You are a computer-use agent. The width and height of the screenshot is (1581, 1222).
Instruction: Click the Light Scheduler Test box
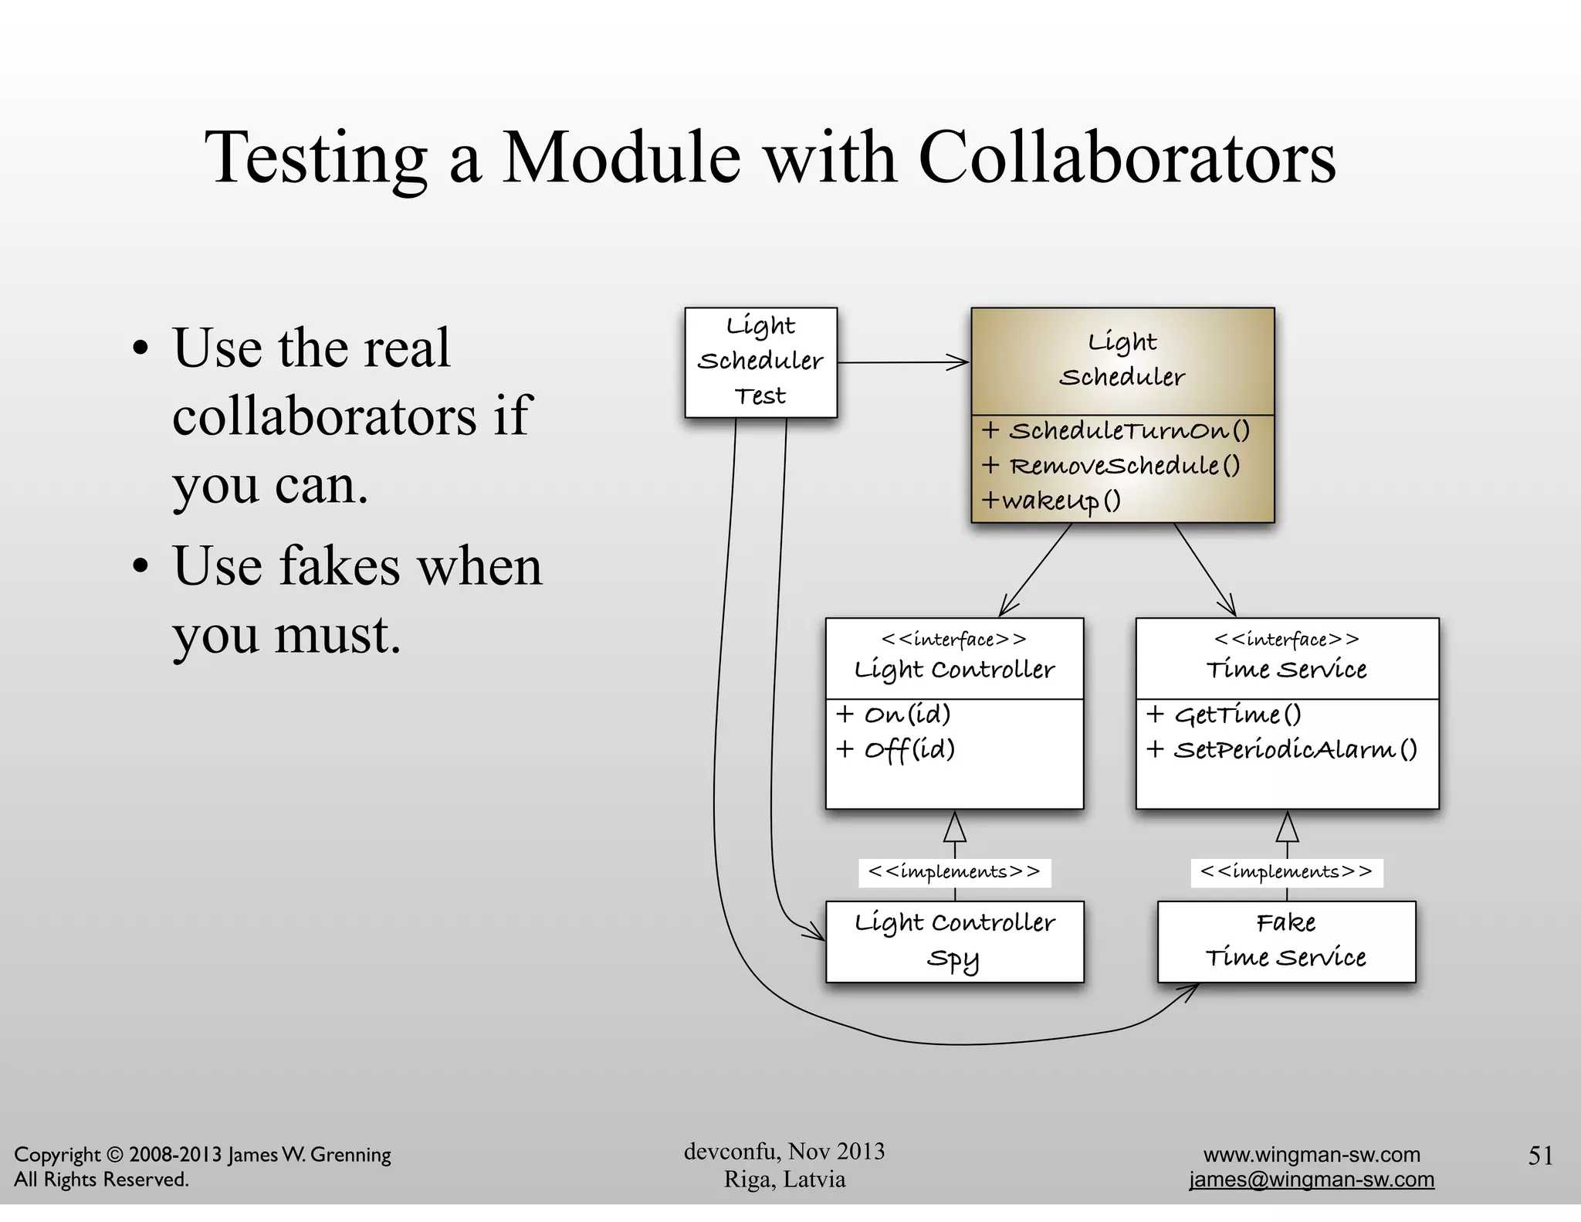760,362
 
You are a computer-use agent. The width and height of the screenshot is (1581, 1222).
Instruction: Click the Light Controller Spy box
954,941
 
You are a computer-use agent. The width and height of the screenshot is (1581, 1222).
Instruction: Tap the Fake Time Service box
1286,941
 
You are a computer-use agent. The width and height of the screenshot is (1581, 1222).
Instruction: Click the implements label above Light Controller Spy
954,872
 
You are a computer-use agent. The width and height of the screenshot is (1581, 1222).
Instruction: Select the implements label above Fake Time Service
1286,872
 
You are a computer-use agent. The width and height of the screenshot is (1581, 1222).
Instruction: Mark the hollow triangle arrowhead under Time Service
1287,828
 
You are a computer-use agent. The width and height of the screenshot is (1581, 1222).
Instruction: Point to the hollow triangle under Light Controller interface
955,828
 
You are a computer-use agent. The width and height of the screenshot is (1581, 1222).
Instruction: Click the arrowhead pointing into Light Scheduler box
960,362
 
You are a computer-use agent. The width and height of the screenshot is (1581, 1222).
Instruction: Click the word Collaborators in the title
1127,158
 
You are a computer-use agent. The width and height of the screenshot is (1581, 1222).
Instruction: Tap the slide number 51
1540,1156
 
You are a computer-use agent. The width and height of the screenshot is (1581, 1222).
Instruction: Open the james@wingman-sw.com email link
1312,1180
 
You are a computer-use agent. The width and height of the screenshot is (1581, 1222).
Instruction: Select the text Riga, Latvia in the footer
784,1180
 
